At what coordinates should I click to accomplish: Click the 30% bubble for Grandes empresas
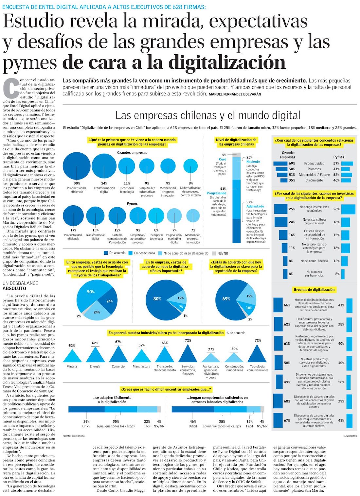point(77,166)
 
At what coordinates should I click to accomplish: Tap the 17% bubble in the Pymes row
point(73,216)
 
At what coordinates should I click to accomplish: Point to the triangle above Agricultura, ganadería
point(211,358)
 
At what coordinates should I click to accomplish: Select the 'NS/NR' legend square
point(214,253)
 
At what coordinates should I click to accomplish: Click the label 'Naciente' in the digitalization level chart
point(253,162)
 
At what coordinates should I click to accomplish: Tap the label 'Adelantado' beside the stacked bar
point(255,206)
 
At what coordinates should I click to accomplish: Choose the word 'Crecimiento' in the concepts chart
point(314,180)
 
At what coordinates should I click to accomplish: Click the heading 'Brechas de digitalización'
point(314,289)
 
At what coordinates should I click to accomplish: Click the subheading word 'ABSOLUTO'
point(14,288)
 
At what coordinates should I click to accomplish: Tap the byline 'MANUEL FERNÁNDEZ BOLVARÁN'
point(235,94)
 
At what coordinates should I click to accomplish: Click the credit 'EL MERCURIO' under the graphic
point(350,436)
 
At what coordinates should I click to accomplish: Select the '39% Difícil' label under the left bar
point(86,424)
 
